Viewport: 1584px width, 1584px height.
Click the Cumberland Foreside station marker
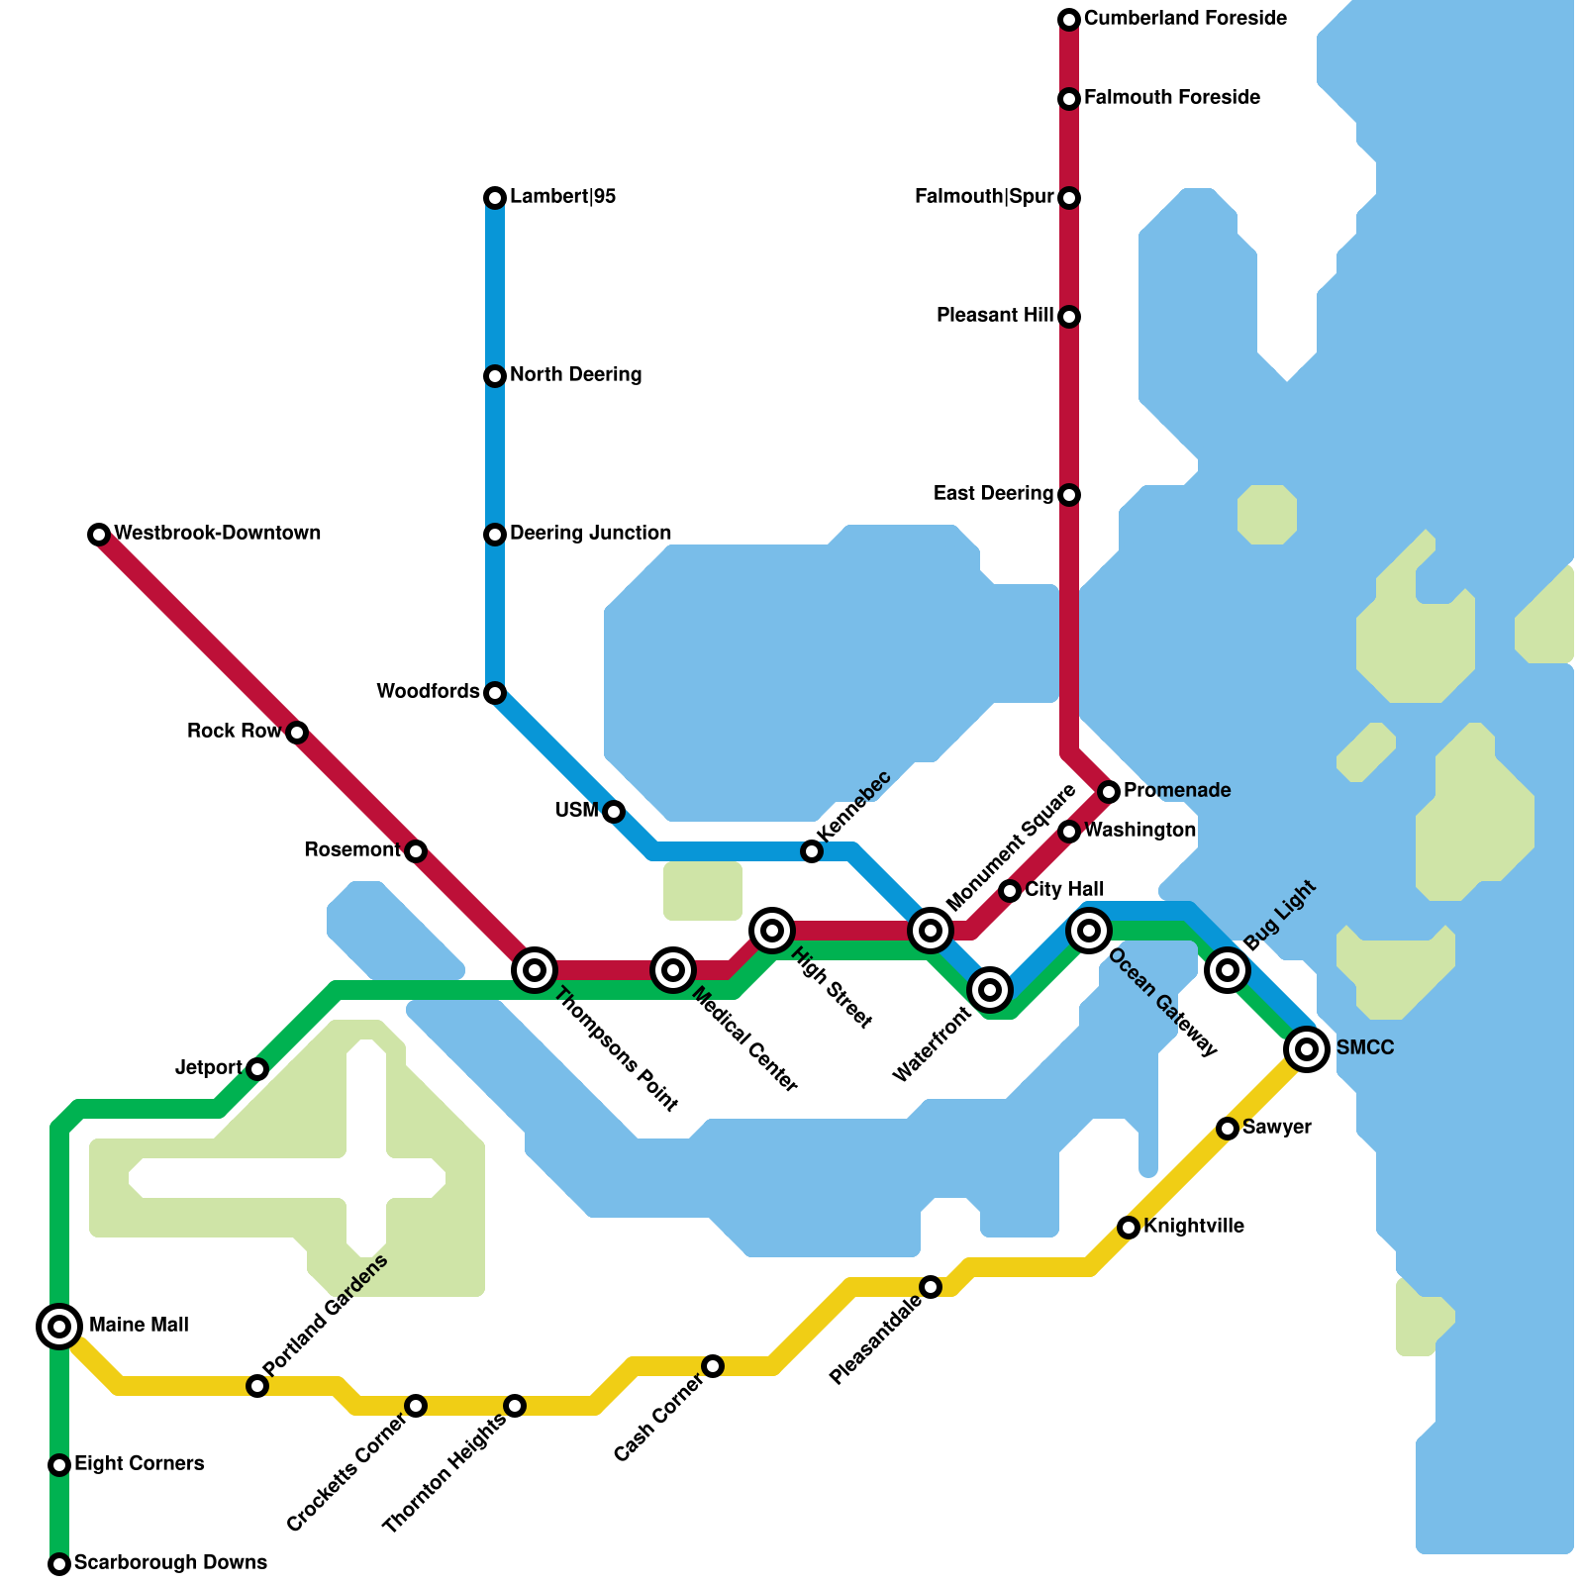[x=1069, y=19]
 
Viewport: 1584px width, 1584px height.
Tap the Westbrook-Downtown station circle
[x=98, y=535]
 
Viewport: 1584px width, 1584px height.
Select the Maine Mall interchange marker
[x=59, y=1326]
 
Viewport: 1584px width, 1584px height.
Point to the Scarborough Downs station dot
[x=59, y=1564]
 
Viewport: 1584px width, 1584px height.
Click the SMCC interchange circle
[x=1307, y=1048]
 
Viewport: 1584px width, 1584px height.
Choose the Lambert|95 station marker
[x=495, y=198]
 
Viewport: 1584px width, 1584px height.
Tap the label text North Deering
[x=575, y=375]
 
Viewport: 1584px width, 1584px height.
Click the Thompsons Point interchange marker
[x=535, y=970]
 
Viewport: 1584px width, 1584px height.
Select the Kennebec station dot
[x=812, y=851]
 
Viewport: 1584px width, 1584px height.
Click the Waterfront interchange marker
[x=990, y=988]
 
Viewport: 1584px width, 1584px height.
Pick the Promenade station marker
[x=1109, y=791]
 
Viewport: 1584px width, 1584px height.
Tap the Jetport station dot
[x=257, y=1069]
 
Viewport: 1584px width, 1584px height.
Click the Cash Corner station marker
[x=713, y=1366]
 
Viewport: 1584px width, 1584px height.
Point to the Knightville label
[x=1193, y=1227]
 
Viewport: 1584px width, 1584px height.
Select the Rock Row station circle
[x=297, y=733]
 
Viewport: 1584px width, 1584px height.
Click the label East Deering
[x=993, y=494]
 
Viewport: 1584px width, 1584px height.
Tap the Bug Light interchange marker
[x=1228, y=969]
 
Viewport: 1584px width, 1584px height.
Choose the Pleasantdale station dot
[x=931, y=1286]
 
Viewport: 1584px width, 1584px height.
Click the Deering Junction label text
[x=590, y=534]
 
